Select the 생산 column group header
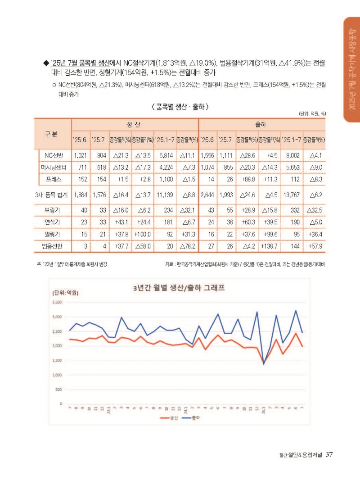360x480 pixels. [135, 123]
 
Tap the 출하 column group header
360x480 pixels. [262, 123]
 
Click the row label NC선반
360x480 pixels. [54, 155]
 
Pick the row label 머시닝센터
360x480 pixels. [54, 167]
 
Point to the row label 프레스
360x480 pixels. [54, 179]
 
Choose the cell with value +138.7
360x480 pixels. [269, 246]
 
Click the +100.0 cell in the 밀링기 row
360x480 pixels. [142, 234]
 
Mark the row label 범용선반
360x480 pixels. [54, 246]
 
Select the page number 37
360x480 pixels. [329, 454]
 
